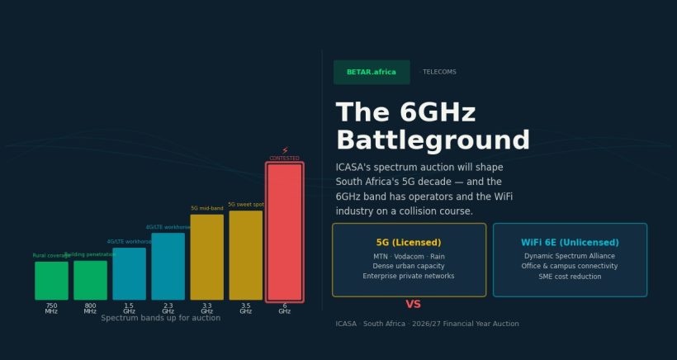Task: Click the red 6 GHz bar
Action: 284,231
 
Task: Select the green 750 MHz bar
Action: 51,280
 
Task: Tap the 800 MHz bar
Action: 90,280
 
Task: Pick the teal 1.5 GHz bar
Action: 129,273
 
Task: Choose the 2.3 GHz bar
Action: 168,266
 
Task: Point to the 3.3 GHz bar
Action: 206,257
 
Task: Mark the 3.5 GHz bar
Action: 245,255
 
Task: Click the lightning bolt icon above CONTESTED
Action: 285,151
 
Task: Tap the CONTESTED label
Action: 285,159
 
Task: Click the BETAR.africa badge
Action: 372,72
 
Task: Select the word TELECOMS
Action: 439,72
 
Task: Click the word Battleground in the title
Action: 433,140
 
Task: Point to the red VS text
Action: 413,305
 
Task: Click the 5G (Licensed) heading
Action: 409,243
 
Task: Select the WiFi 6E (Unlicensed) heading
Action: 570,243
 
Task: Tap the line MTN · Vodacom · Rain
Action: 409,257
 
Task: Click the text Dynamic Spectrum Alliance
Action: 570,257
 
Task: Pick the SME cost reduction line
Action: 570,277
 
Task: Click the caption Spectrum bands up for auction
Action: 160,318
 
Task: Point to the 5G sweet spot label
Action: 246,205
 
